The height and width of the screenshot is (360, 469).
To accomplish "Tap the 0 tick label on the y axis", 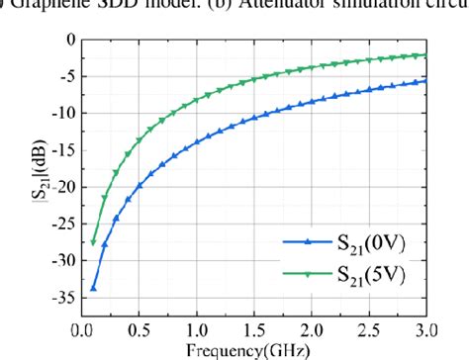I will coord(71,40).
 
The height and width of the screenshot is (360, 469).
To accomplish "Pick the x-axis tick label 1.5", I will coord(255,324).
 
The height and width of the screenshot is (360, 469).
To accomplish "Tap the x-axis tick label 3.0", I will coord(426,324).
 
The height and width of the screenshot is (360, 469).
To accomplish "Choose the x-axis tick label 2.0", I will coord(313,324).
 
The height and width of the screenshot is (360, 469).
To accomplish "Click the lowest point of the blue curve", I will coord(93,289).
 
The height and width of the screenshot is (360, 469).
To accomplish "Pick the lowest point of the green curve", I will coord(93,242).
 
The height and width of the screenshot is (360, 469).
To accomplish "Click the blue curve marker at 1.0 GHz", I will coord(197,141).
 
